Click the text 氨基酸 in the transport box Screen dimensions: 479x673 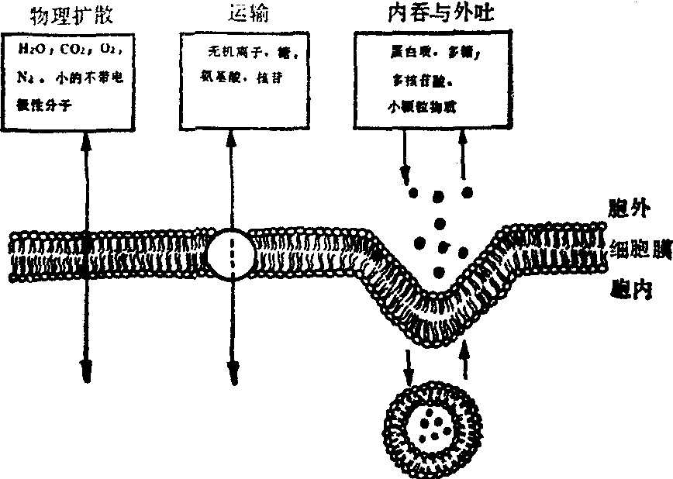click(x=218, y=78)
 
